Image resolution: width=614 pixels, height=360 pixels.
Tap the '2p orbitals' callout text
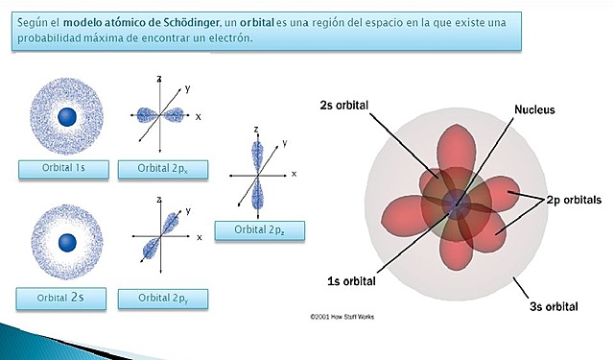tap(574, 201)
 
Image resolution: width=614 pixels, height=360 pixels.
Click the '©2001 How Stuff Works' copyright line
tap(350, 315)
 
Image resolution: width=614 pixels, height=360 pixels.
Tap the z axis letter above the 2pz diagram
tap(256, 128)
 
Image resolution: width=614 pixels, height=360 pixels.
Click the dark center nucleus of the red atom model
tap(454, 203)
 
